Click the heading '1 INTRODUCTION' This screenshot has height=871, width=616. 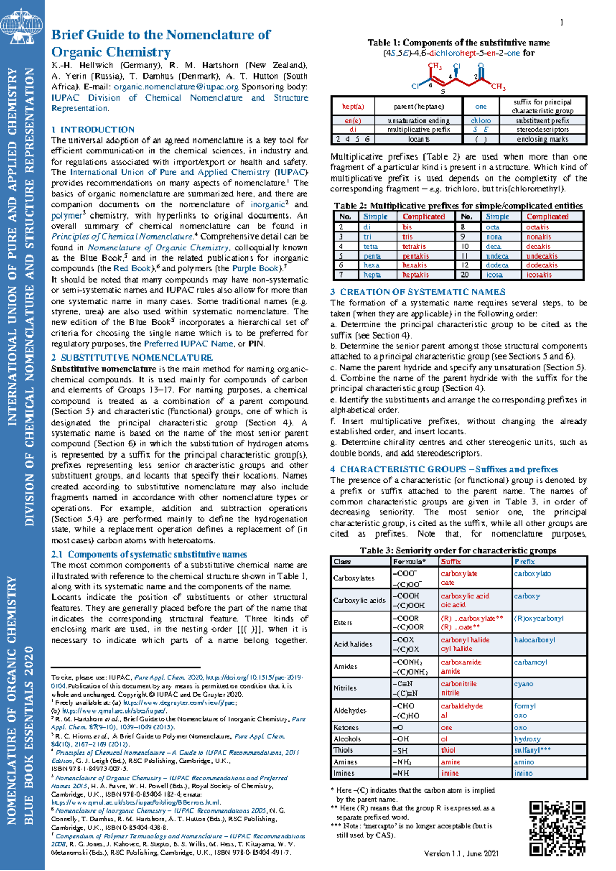[93, 129]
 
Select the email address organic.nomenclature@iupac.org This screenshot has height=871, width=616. [176, 87]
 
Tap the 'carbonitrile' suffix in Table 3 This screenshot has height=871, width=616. [459, 684]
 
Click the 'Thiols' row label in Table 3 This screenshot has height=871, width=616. [343, 750]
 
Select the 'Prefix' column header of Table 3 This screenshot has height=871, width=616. [525, 562]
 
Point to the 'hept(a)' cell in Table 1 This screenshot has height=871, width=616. [353, 107]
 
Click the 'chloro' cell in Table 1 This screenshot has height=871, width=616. [480, 121]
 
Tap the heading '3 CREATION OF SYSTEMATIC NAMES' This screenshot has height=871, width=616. [417, 292]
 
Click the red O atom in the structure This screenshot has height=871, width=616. [480, 66]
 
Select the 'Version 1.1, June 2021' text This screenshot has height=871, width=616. [461, 854]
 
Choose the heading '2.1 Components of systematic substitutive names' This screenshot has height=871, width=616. [149, 554]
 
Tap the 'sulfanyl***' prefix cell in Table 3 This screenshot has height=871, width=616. [532, 750]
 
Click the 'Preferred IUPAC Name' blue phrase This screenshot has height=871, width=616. [188, 344]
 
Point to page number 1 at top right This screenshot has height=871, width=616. [561, 22]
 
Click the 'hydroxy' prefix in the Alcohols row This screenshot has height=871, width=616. [527, 739]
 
